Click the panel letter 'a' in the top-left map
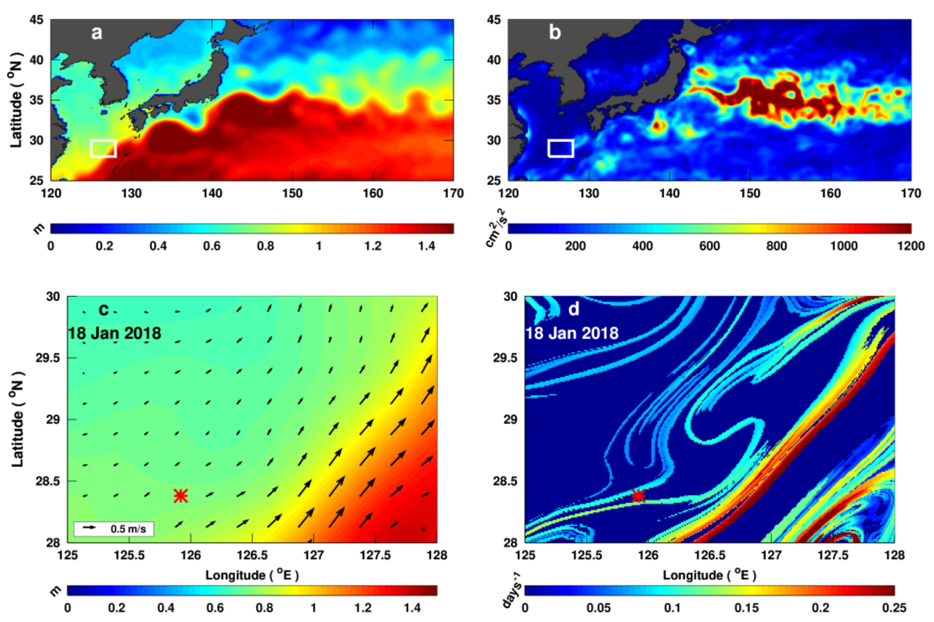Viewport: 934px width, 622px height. pos(96,32)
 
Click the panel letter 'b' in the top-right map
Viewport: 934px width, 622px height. pos(555,32)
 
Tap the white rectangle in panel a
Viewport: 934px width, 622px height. pos(103,148)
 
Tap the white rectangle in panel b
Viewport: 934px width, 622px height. pos(560,148)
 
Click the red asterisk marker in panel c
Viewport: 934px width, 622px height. pos(180,496)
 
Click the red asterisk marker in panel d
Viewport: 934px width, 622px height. pos(638,496)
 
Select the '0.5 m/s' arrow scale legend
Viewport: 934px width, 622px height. pos(114,529)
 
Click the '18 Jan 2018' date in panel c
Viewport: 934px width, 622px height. pos(115,333)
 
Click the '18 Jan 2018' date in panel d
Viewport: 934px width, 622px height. pos(572,333)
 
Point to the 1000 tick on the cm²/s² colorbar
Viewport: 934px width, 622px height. pos(844,246)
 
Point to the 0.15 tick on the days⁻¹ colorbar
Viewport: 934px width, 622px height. pos(746,608)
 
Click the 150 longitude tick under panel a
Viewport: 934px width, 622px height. pos(292,193)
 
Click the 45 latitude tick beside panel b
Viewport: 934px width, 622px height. pos(494,20)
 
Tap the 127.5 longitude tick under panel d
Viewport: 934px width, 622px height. pos(833,555)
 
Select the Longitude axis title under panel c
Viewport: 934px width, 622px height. pos(252,575)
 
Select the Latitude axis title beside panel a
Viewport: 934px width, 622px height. pos(16,100)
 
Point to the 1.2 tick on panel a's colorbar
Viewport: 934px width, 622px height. pos(373,246)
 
